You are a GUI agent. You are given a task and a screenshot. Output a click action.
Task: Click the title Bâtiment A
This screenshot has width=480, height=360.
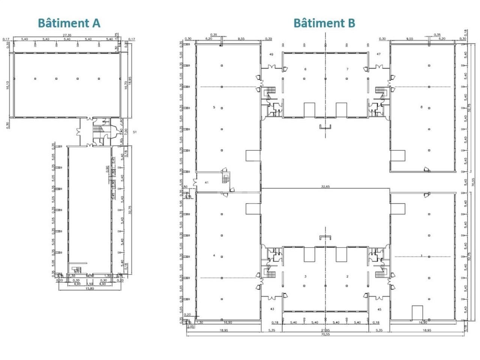click(69, 23)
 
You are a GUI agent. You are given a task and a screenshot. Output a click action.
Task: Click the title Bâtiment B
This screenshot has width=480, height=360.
click(324, 23)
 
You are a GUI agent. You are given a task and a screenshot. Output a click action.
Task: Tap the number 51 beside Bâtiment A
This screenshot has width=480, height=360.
click(135, 132)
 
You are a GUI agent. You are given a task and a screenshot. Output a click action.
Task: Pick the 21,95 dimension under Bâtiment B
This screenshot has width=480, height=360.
click(325, 330)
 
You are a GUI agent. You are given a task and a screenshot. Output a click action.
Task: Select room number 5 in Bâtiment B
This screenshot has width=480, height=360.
click(214, 108)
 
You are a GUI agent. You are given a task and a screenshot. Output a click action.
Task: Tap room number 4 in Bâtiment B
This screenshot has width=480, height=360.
click(214, 255)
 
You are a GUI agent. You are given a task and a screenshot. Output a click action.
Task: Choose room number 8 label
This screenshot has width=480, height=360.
click(421, 108)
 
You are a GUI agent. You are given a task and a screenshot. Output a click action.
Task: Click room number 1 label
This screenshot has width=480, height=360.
click(421, 256)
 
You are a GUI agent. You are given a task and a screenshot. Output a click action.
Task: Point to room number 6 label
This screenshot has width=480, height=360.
click(305, 69)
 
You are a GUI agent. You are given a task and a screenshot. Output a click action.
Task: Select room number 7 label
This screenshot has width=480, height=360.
click(347, 69)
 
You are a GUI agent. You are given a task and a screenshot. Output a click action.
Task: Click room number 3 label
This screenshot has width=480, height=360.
click(305, 276)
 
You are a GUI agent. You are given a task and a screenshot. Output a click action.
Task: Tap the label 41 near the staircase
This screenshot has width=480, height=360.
click(206, 182)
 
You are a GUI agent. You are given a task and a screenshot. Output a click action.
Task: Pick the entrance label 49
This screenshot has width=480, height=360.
click(271, 54)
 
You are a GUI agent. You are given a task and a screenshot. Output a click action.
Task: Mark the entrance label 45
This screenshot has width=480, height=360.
click(379, 309)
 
